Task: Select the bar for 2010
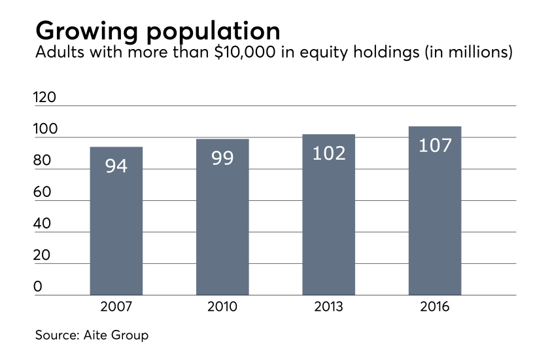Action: tap(222, 217)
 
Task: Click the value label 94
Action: tap(116, 166)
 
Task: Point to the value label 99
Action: tap(222, 158)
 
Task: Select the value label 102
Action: tap(328, 153)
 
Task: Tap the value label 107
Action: tap(435, 145)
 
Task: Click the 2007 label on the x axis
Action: tap(116, 306)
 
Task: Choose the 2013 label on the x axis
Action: tap(328, 306)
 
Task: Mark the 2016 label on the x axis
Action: tap(435, 306)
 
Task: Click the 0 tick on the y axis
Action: tap(38, 287)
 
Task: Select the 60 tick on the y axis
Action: tap(42, 192)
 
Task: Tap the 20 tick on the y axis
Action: tap(42, 255)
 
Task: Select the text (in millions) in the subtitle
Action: tap(468, 53)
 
